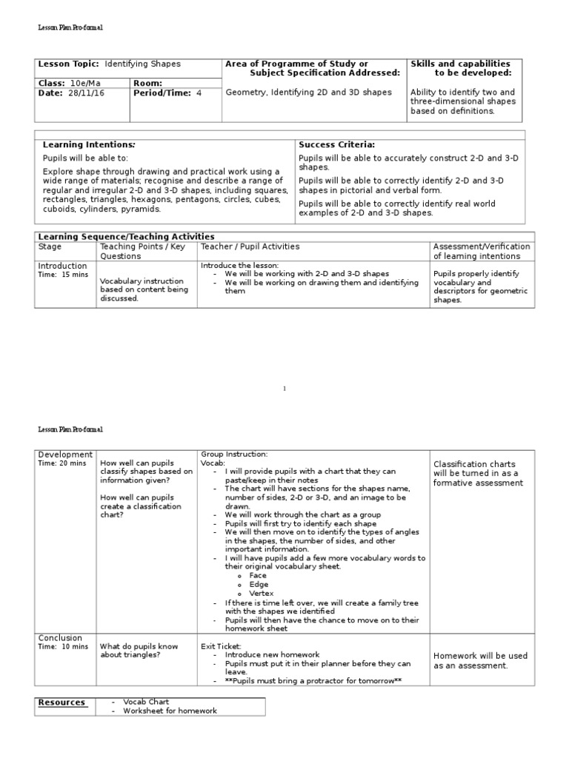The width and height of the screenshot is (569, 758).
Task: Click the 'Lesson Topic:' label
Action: [x=68, y=64]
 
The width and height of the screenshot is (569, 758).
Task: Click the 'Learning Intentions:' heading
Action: [x=88, y=144]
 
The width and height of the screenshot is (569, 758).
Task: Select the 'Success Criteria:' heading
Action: [x=336, y=144]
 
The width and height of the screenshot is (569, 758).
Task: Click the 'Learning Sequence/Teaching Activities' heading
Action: [x=127, y=236]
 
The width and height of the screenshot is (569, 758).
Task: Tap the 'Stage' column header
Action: [x=50, y=246]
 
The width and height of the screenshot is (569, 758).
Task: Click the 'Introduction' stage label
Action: [x=62, y=266]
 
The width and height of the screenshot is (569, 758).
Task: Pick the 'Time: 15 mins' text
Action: [x=63, y=275]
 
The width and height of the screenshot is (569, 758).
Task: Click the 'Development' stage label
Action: [x=65, y=454]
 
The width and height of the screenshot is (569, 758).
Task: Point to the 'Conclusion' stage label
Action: [x=61, y=637]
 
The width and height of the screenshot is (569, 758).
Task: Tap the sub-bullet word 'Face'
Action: [x=258, y=575]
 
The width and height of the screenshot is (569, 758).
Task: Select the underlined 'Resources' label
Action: [x=61, y=702]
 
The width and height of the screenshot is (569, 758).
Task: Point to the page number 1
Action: [x=284, y=389]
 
